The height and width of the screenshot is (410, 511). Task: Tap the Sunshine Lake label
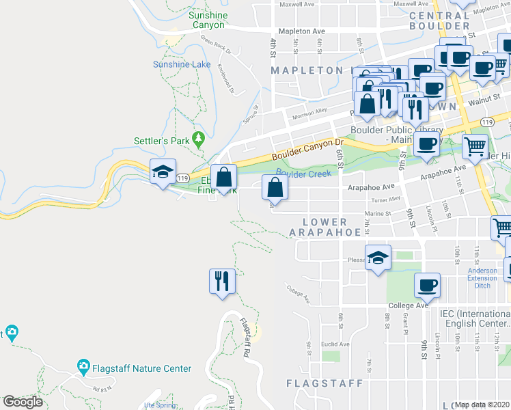[x=182, y=64]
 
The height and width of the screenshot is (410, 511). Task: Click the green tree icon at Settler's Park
[x=199, y=139]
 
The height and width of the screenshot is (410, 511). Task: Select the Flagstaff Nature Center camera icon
[x=84, y=368]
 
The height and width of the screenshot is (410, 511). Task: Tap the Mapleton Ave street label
[x=301, y=31]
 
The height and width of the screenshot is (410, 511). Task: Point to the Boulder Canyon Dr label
[x=307, y=150]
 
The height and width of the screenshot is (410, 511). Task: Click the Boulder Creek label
[x=303, y=174]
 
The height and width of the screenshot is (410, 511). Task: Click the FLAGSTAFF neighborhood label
[x=324, y=383]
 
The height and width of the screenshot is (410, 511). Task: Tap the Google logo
[x=23, y=402]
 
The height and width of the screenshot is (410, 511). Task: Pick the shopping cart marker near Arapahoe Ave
[x=475, y=145]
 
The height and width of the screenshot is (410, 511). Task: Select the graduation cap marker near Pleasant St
[x=378, y=257]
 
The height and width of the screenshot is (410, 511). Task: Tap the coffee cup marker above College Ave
[x=427, y=284]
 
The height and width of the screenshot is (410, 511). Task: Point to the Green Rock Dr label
[x=216, y=49]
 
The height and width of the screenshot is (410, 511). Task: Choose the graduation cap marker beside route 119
[x=163, y=172]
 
